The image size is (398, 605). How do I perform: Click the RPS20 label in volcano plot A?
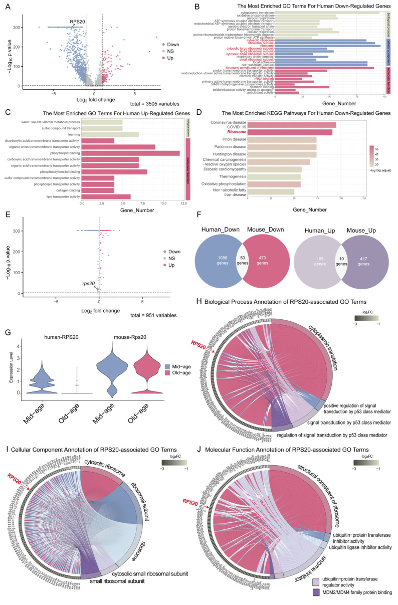77,22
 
